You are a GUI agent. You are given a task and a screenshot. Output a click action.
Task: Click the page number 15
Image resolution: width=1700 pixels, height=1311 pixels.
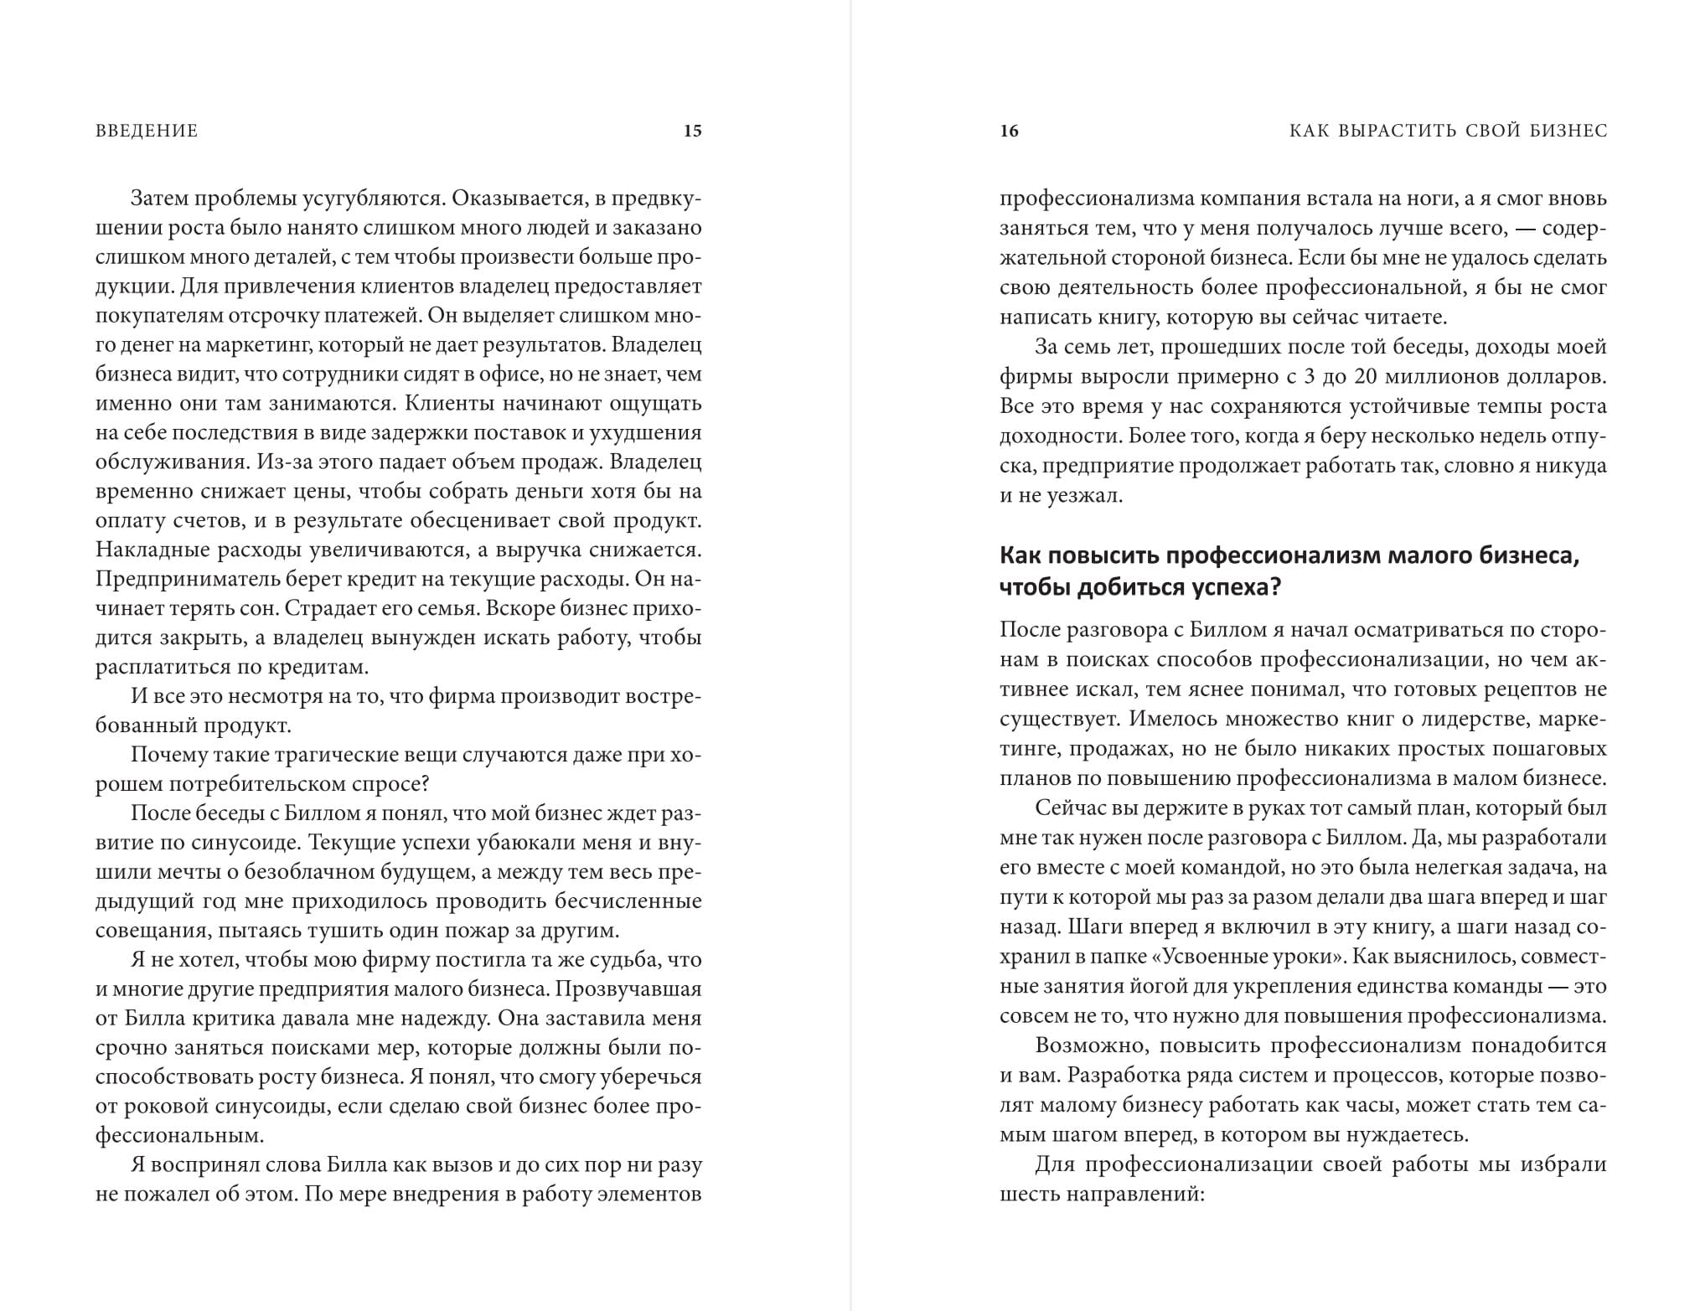(692, 131)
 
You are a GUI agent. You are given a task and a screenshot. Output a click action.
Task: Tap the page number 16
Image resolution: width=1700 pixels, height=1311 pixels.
(1009, 131)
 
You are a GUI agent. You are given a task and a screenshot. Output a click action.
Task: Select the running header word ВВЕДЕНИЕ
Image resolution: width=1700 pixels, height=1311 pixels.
(147, 131)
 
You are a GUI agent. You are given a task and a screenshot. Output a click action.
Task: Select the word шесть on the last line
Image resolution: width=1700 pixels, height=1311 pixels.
(1027, 1193)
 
